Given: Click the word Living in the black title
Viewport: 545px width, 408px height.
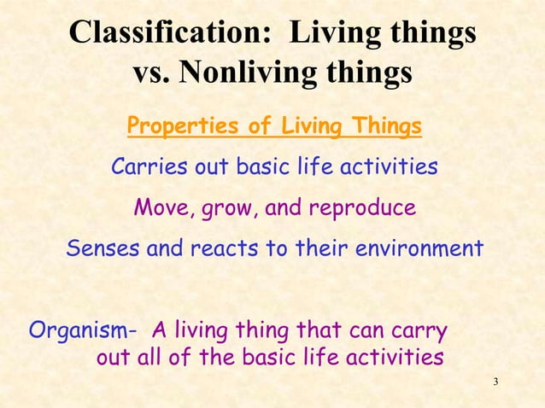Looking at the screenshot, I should [339, 33].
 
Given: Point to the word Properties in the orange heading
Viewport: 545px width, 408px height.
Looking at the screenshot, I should [179, 127].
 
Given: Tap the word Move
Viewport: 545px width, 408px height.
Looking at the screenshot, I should [161, 207].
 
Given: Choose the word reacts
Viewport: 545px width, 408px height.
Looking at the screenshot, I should [212, 249].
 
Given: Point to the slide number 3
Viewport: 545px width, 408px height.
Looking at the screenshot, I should [496, 379].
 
